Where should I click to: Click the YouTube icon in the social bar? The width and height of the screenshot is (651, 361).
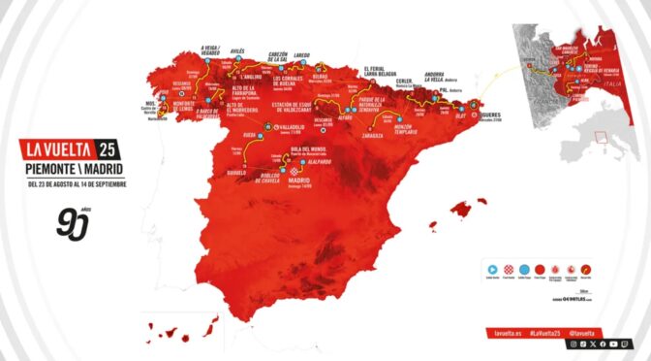coord(615,344)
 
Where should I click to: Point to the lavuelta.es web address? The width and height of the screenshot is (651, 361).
coord(507,332)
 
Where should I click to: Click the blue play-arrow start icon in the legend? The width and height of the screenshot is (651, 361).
coord(492,268)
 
